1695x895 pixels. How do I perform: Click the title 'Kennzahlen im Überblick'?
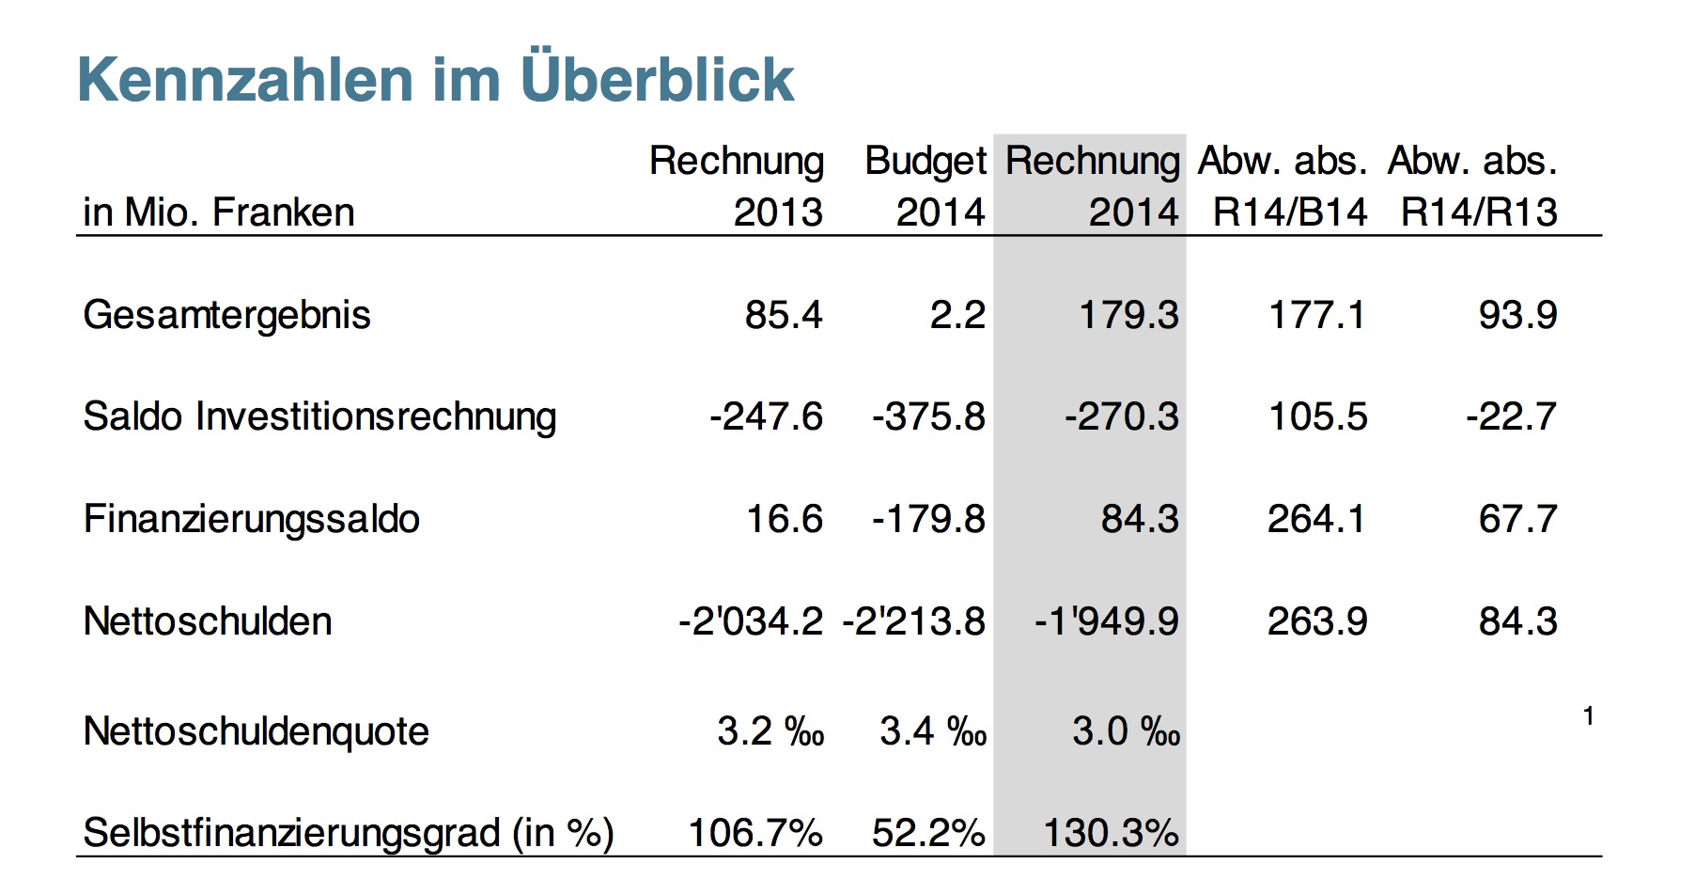(435, 79)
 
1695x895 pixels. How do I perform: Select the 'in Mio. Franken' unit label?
(218, 212)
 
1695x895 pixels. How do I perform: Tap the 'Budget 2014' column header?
(925, 186)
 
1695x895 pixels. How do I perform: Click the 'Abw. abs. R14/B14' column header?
(1283, 186)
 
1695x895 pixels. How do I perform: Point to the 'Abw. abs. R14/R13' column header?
(1473, 186)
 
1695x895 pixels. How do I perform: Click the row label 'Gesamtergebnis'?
(226, 315)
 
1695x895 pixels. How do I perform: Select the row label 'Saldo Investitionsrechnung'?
(319, 416)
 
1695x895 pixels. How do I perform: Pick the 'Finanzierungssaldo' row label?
(251, 519)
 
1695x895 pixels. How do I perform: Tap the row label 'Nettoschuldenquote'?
(256, 731)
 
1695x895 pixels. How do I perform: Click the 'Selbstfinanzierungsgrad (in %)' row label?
(348, 833)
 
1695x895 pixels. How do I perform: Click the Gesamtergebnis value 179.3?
(1128, 315)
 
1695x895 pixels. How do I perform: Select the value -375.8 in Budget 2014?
(928, 416)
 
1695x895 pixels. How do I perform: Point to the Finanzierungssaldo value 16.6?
(784, 519)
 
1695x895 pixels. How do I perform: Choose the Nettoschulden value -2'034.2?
(750, 621)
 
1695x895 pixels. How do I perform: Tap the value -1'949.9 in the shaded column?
(1106, 621)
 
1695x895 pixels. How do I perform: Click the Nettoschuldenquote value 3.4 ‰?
(933, 731)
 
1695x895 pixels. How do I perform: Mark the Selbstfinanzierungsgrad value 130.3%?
(1111, 833)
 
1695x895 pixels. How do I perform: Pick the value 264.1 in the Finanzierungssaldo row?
(1316, 519)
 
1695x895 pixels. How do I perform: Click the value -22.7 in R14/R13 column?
(1511, 416)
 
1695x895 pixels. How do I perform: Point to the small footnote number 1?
(1588, 716)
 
